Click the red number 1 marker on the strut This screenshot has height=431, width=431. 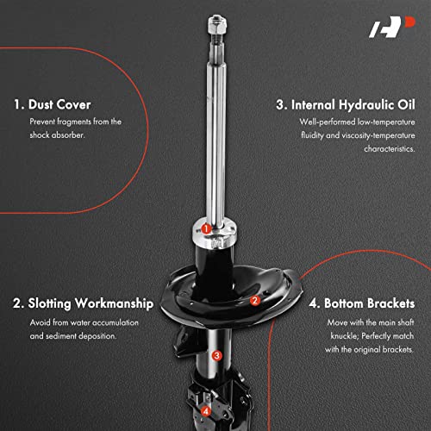click(207, 228)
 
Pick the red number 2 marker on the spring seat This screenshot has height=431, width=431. click(254, 301)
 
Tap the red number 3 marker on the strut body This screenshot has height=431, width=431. click(217, 354)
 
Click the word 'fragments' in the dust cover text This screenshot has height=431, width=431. click(81, 122)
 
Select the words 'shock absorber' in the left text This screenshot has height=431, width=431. click(59, 135)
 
